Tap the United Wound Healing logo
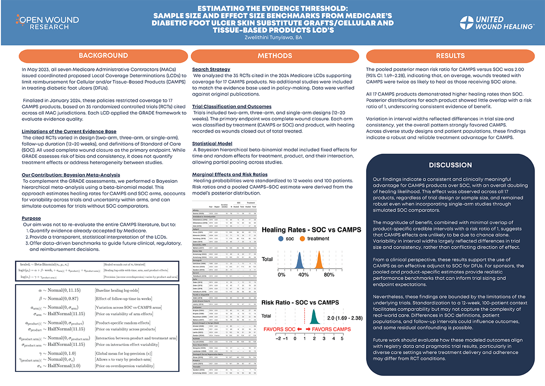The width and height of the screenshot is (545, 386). [496, 23]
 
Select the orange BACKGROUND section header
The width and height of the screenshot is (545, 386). [104, 55]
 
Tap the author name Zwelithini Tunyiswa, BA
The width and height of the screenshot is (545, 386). [273, 37]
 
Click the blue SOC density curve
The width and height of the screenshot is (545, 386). [299, 261]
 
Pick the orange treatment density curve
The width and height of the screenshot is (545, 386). [319, 261]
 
